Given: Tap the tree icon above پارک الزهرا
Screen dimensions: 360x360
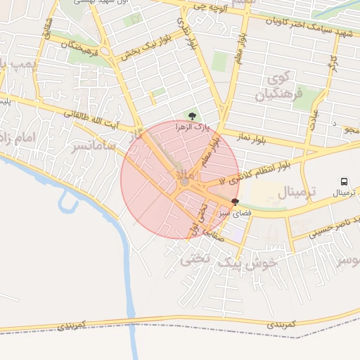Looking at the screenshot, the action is (x=193, y=115).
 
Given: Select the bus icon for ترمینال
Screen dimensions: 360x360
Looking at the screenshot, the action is (x=345, y=181).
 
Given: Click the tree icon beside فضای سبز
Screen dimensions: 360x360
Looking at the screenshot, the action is (x=235, y=201).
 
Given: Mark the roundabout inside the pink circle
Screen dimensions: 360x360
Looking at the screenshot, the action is (x=184, y=182).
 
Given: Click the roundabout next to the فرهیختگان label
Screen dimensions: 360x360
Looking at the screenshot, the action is (x=104, y=51).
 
